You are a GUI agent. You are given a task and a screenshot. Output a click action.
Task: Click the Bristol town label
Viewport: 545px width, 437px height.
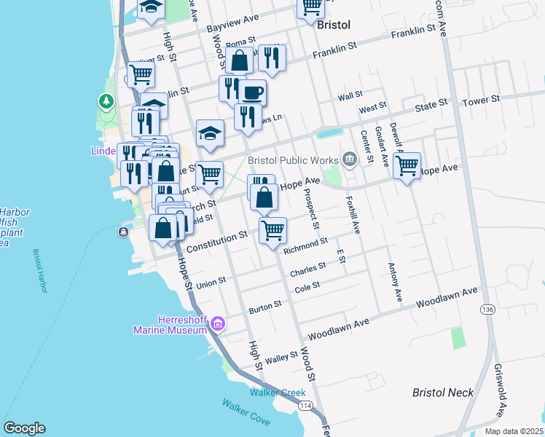(x=334, y=25)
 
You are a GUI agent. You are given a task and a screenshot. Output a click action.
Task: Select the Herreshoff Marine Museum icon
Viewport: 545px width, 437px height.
(x=217, y=323)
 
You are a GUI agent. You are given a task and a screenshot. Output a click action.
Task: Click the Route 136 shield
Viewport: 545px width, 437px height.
(x=486, y=310)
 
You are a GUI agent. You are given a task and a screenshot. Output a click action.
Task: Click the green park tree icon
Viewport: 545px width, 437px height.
(x=107, y=101)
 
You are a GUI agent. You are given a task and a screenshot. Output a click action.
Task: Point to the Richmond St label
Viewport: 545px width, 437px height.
(x=305, y=245)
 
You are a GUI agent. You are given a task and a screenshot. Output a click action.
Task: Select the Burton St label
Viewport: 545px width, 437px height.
(x=264, y=307)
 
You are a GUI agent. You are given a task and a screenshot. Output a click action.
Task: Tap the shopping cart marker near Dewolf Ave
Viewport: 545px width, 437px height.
(x=407, y=165)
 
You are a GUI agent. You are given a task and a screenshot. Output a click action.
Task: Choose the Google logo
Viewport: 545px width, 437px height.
(x=24, y=428)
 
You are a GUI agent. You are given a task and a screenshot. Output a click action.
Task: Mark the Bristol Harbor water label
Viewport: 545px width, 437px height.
(x=39, y=270)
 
